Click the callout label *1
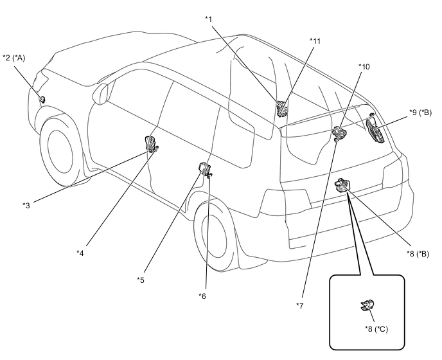209,19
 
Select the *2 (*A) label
14,58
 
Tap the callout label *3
26,205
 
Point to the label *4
80,253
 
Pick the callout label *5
141,280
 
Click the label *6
202,296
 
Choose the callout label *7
299,305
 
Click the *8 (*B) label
418,254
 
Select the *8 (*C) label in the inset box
376,329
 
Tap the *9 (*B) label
420,113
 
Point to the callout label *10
364,67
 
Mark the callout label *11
315,41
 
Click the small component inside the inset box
367,305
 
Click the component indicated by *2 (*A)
42,99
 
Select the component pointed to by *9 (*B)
375,130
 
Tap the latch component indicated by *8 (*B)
342,185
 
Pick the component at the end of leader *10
340,133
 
